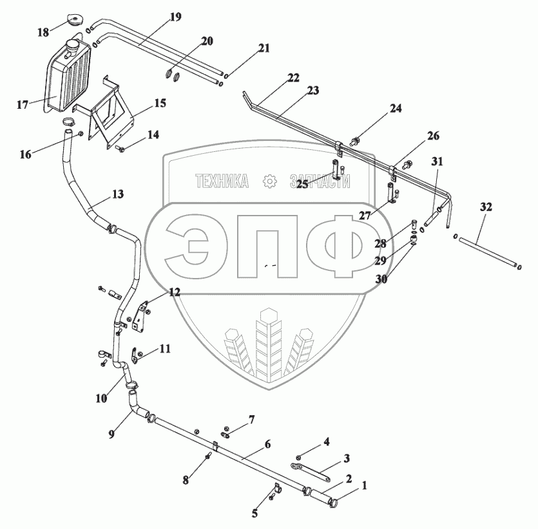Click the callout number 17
(23, 104)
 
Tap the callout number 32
(486, 207)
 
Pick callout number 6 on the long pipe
(267, 444)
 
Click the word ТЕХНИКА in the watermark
(222, 182)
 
